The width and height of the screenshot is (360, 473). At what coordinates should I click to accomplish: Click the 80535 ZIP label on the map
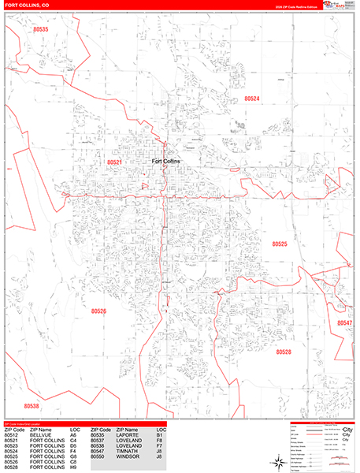click(x=42, y=30)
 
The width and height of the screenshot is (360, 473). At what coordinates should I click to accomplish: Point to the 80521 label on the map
click(x=114, y=162)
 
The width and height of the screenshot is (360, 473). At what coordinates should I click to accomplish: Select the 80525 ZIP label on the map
click(x=280, y=244)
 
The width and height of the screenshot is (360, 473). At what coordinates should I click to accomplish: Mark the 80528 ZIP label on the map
click(x=284, y=352)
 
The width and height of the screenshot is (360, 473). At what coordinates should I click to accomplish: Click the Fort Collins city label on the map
click(x=165, y=161)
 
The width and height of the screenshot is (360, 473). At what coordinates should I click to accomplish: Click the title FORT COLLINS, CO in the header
click(x=27, y=5)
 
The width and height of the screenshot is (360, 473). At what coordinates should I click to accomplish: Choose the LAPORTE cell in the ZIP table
click(x=128, y=434)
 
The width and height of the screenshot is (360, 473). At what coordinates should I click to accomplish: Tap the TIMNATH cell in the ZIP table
click(x=127, y=451)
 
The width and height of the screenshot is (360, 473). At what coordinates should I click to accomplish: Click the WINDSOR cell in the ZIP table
click(x=128, y=456)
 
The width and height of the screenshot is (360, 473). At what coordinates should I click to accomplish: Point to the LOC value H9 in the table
click(x=73, y=467)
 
